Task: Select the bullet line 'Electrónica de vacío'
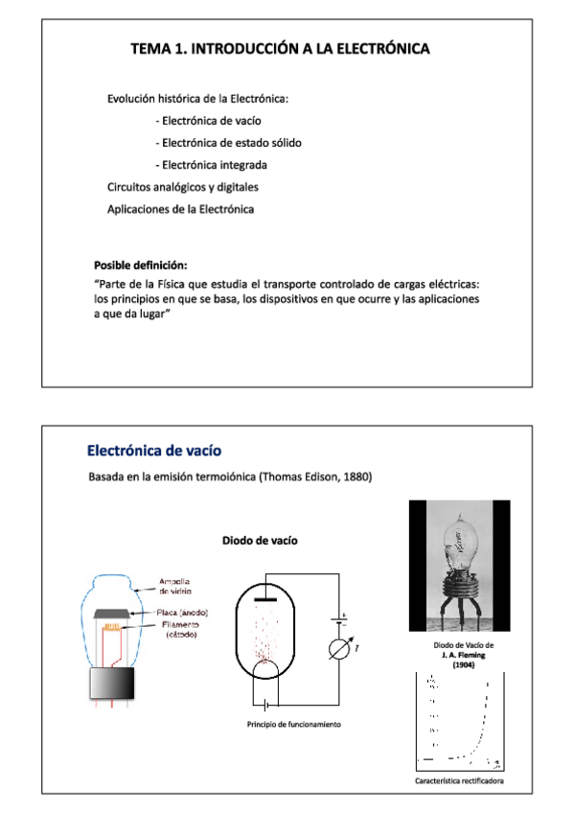click(207, 121)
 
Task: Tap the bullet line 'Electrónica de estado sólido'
click(227, 143)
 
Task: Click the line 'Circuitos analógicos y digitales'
click(182, 187)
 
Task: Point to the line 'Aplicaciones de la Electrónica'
click(180, 209)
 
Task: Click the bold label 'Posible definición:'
click(140, 265)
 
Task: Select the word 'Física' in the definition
click(195, 285)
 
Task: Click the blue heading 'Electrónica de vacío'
click(155, 450)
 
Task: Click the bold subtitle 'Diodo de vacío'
click(260, 541)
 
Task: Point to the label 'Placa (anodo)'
click(182, 613)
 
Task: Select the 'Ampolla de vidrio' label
click(173, 587)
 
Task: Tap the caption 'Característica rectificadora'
click(459, 781)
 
